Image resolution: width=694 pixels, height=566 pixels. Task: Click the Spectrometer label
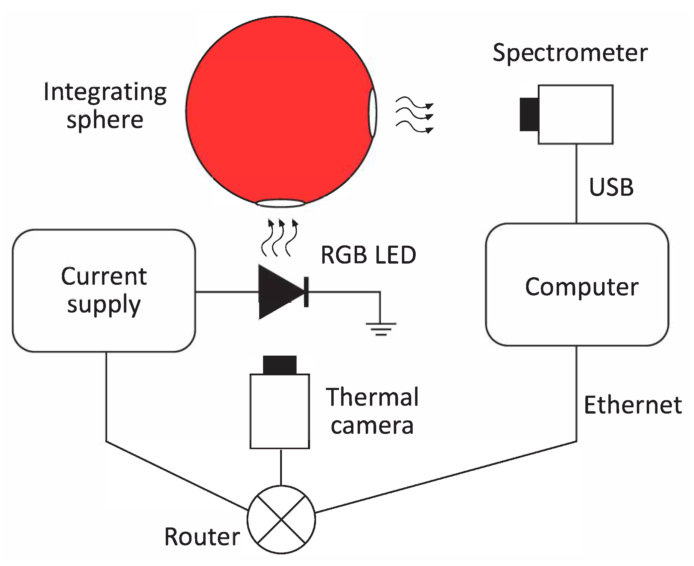pyautogui.click(x=570, y=53)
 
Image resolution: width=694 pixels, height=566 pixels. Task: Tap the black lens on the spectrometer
pyautogui.click(x=529, y=114)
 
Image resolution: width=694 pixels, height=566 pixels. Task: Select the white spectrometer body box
pyautogui.click(x=575, y=114)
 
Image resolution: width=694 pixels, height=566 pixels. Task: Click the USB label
pyautogui.click(x=611, y=187)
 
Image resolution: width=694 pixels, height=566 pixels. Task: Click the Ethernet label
pyautogui.click(x=633, y=405)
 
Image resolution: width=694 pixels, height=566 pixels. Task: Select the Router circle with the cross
pyautogui.click(x=281, y=520)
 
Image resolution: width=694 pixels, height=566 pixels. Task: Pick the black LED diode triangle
pyautogui.click(x=277, y=292)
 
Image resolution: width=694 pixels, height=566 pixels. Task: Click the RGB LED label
pyautogui.click(x=368, y=255)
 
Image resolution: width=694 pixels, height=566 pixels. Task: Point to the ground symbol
pyautogui.click(x=381, y=328)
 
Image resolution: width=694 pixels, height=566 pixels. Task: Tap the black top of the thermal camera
pyautogui.click(x=280, y=365)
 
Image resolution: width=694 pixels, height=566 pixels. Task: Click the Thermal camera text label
pyautogui.click(x=372, y=411)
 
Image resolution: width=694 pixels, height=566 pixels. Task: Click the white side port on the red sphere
pyautogui.click(x=373, y=112)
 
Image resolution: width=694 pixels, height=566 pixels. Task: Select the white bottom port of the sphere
pyautogui.click(x=280, y=203)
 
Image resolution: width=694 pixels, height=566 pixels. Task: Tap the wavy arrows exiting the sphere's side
pyautogui.click(x=414, y=115)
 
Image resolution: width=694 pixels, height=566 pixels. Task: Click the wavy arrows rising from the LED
pyautogui.click(x=279, y=238)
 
